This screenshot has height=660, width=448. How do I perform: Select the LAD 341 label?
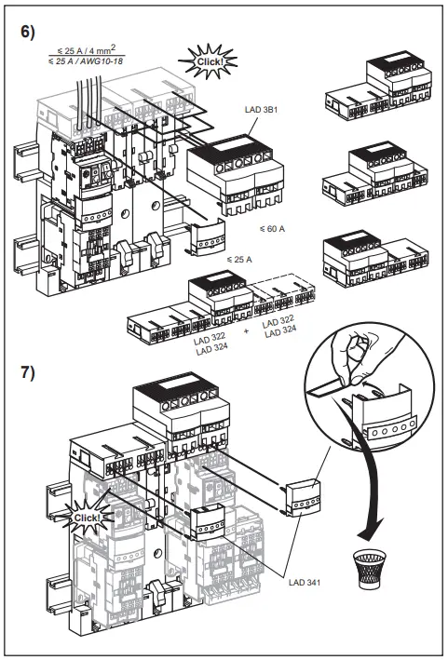(305, 583)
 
